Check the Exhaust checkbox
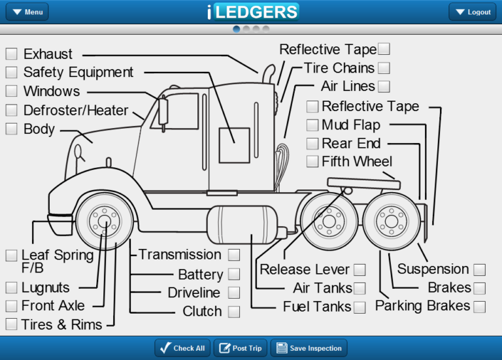click(x=12, y=54)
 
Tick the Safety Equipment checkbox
click(x=12, y=73)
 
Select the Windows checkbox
click(x=12, y=91)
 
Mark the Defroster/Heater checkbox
click(x=12, y=110)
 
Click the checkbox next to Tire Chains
click(x=384, y=68)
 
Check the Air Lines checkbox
click(x=384, y=86)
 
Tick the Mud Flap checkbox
click(x=312, y=125)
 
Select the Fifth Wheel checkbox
click(x=312, y=161)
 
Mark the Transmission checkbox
click(x=234, y=255)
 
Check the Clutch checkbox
click(x=234, y=312)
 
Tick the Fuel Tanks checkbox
click(x=360, y=308)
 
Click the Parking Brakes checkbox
click(x=480, y=307)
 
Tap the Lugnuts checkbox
click(x=12, y=287)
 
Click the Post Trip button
click(x=241, y=348)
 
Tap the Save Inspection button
click(x=309, y=348)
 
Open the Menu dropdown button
click(x=27, y=12)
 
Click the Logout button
click(x=473, y=12)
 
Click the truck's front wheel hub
click(x=105, y=221)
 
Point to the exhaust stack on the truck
click(x=269, y=74)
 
